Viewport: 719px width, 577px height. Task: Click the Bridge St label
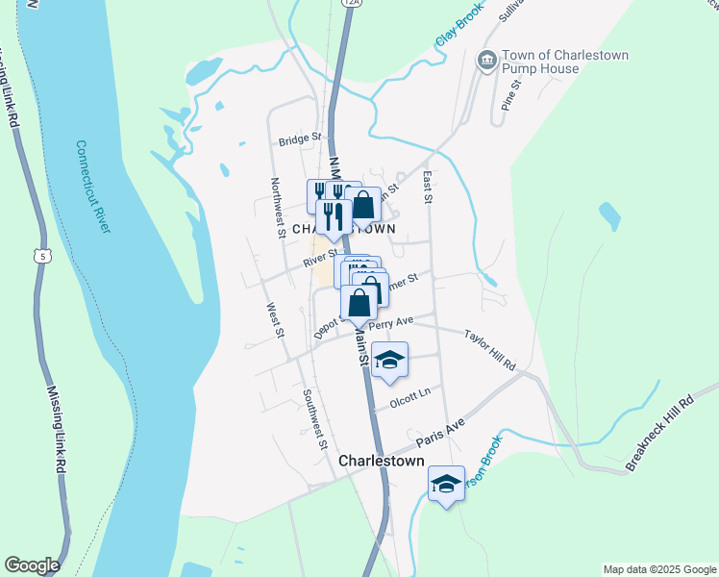[299, 139]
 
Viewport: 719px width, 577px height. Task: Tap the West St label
[275, 320]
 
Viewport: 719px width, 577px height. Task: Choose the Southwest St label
[314, 418]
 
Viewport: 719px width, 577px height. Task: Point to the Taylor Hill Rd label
[490, 351]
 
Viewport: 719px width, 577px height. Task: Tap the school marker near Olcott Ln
[389, 361]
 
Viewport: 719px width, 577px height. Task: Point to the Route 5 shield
[39, 255]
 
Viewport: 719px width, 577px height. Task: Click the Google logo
[32, 564]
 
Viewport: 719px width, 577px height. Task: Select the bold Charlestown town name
[382, 462]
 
